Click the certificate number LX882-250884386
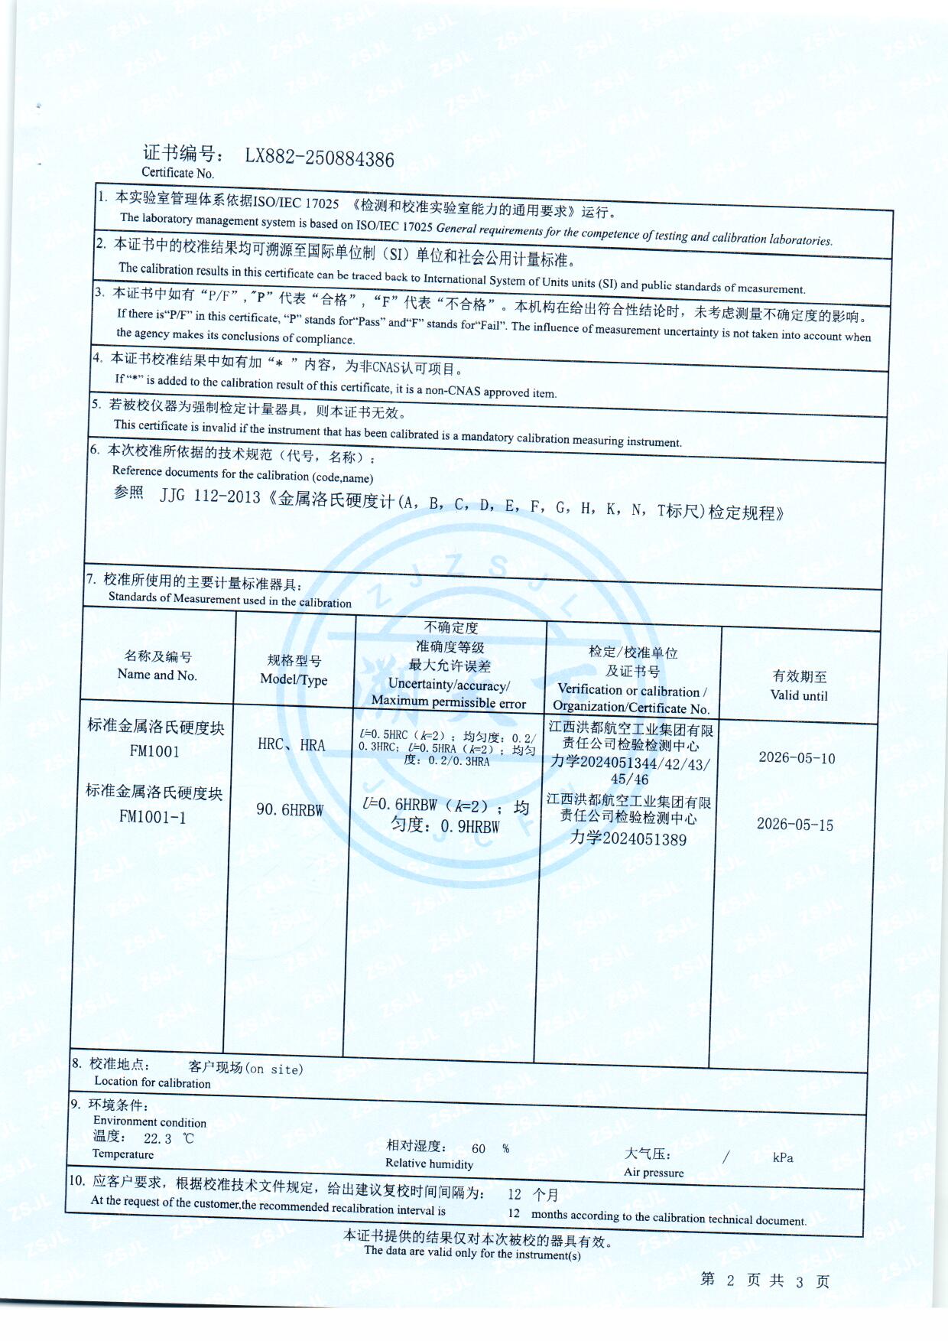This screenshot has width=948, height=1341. click(320, 158)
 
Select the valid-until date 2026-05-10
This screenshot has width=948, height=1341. click(797, 758)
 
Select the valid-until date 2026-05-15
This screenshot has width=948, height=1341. click(795, 825)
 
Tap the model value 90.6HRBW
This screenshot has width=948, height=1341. click(290, 809)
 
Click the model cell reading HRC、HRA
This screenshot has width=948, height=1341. click(291, 745)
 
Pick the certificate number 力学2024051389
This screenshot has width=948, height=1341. click(628, 839)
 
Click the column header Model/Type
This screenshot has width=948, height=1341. click(294, 679)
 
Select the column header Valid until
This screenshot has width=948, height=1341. click(799, 695)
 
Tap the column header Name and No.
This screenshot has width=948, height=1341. click(157, 675)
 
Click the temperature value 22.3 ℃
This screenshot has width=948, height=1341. click(168, 1138)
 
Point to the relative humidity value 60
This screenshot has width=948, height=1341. click(479, 1148)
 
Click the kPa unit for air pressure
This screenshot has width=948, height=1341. click(783, 1158)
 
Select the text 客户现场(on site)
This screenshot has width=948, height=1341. click(245, 1069)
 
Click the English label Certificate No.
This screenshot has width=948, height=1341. click(178, 173)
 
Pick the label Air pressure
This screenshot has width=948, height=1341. click(654, 1172)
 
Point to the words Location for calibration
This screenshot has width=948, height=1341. click(152, 1082)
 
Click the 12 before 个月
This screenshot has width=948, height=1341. click(515, 1194)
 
